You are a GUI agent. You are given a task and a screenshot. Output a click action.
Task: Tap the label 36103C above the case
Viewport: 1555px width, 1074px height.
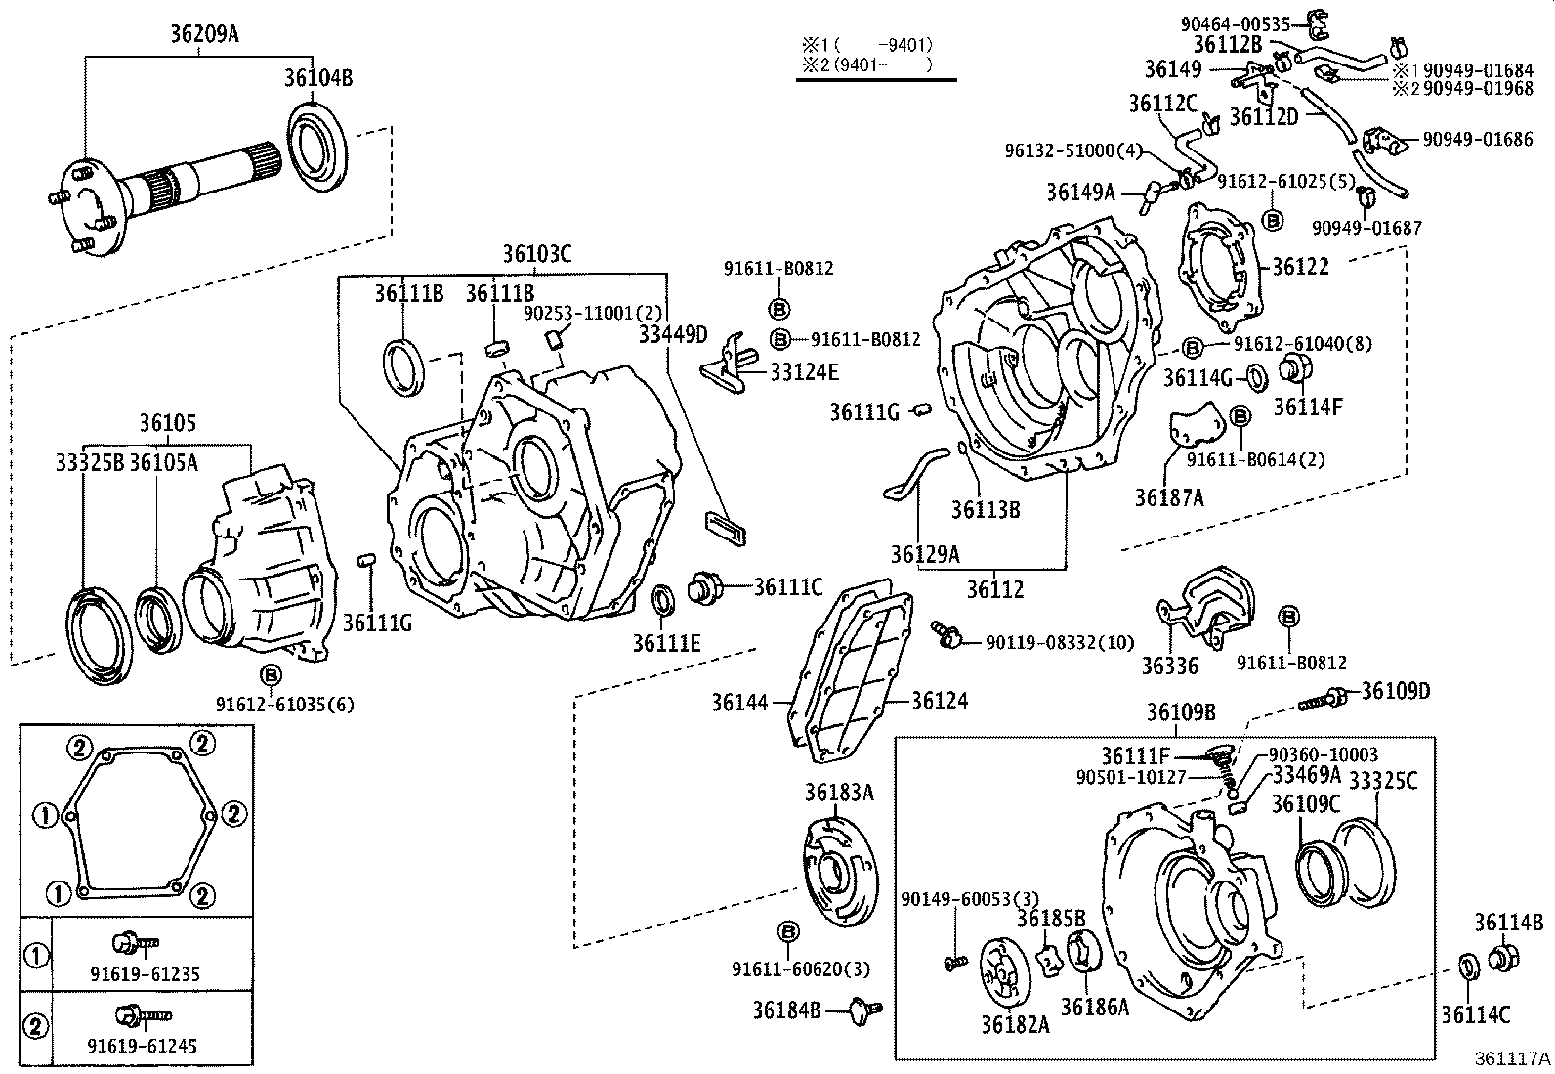[x=537, y=255]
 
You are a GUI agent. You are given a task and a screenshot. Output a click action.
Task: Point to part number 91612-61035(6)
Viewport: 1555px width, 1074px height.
[x=271, y=704]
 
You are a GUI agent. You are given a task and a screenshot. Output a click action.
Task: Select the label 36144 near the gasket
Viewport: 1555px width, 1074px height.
[x=737, y=702]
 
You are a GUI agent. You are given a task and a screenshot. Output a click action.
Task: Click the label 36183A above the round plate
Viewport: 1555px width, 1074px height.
[x=839, y=792]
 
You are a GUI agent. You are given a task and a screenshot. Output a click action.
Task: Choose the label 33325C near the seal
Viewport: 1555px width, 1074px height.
[x=1383, y=780]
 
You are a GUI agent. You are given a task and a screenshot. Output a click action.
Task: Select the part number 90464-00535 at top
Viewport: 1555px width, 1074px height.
[x=1235, y=24]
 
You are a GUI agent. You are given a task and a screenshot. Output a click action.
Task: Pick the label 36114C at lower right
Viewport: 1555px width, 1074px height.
[x=1475, y=1014]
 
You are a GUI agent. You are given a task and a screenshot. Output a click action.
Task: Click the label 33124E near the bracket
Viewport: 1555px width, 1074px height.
[x=804, y=371]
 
